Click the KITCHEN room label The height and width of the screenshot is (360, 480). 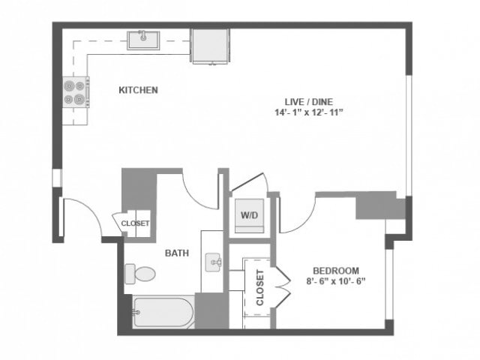pos(138,90)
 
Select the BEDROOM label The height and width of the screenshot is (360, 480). pos(336,271)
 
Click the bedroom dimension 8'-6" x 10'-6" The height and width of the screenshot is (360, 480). pos(336,282)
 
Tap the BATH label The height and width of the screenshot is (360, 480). pos(175,253)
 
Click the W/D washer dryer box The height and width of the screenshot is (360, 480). pos(249,215)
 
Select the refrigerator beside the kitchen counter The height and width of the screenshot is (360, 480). pos(208,45)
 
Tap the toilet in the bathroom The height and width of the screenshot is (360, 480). pos(139,274)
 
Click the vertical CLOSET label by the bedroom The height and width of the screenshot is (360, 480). pos(260,287)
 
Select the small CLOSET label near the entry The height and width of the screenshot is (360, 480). pos(135,223)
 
